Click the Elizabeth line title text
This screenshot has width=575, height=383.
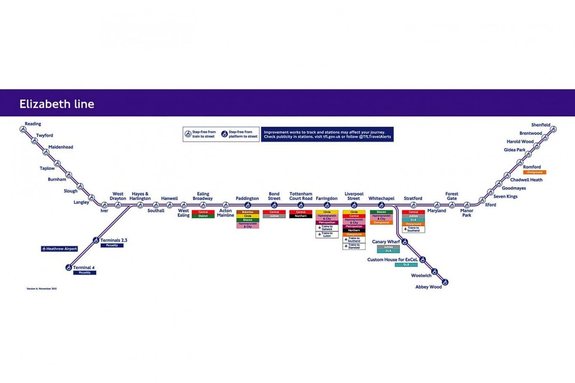[57, 104]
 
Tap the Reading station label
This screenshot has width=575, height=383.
[33, 124]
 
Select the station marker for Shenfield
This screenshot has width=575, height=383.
[553, 129]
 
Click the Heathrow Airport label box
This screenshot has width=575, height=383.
[59, 249]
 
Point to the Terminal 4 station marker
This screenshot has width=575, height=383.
[69, 268]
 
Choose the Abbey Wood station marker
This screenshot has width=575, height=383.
[445, 282]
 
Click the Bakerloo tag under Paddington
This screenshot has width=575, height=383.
[248, 212]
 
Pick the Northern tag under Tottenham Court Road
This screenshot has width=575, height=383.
[300, 216]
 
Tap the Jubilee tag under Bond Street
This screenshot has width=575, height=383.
[274, 216]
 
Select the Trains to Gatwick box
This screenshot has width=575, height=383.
[327, 228]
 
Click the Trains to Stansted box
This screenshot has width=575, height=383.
[354, 246]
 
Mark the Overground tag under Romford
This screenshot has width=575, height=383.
[534, 172]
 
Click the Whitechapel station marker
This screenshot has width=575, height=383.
[381, 205]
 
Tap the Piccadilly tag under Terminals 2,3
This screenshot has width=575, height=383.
[112, 246]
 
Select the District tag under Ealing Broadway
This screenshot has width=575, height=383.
[203, 216]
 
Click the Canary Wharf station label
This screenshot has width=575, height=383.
[386, 242]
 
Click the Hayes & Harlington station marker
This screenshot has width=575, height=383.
[140, 205]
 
